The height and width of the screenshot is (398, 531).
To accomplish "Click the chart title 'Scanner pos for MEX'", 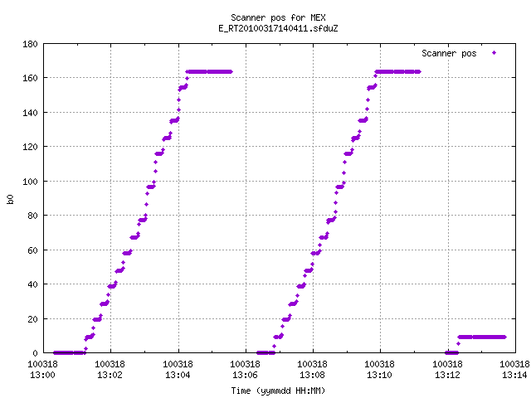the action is (278, 17).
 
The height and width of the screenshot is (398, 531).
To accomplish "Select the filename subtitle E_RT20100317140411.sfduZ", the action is (278, 28).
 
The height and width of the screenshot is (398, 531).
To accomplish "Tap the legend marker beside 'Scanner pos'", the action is (494, 53).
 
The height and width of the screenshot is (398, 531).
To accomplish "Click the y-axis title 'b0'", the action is (10, 199).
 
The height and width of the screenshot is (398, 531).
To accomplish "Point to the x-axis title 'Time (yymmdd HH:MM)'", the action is (278, 391).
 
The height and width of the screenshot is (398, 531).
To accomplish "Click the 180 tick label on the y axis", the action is (30, 44).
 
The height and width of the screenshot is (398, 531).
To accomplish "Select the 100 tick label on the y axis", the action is (30, 182).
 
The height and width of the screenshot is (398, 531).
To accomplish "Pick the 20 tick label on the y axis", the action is (32, 318).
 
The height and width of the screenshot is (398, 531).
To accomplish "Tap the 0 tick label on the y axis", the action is (35, 353).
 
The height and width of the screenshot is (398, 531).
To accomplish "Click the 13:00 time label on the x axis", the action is (42, 376).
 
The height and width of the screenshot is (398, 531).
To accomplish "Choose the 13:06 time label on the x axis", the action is (245, 376).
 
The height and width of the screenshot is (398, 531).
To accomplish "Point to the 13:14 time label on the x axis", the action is (514, 376).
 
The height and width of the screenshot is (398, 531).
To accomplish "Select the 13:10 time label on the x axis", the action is (379, 376).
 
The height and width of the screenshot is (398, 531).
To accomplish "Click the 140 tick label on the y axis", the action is (30, 113).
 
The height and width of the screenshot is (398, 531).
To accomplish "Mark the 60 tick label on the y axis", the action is (32, 250).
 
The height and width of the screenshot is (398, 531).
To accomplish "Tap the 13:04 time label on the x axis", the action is (178, 376).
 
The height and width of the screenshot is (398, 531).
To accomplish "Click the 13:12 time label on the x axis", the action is (447, 376).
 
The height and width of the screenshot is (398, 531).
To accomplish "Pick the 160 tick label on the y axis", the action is (30, 78).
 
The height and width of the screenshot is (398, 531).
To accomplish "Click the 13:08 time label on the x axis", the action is (312, 376).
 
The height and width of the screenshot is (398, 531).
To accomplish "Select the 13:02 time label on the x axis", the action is (110, 376).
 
